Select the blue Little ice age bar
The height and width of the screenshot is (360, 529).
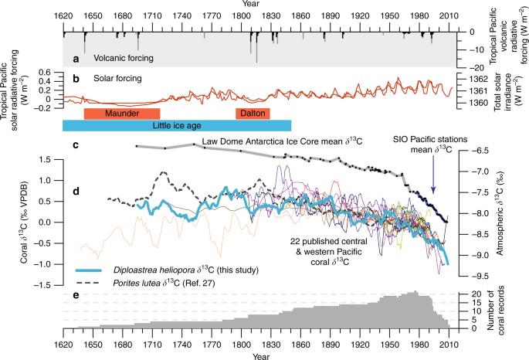pos(177,125)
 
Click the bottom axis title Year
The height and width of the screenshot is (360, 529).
pos(264,355)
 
